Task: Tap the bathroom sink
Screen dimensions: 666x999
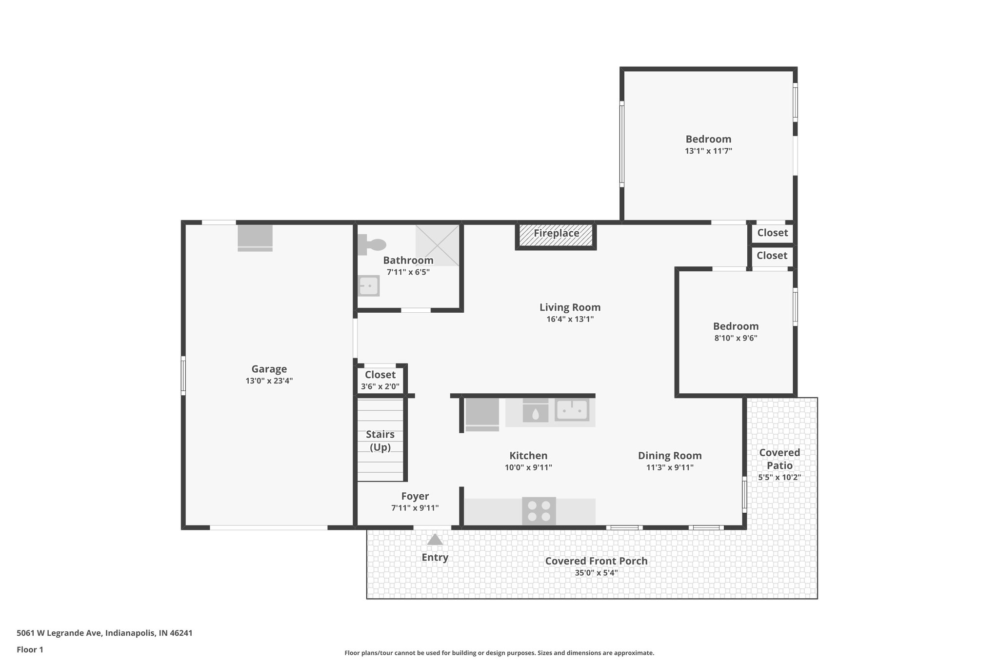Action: [x=369, y=286]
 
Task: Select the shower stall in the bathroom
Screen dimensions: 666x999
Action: [x=438, y=245]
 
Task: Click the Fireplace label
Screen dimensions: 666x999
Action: [x=556, y=233]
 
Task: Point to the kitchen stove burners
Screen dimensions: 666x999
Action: [x=539, y=511]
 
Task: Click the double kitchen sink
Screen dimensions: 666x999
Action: [x=572, y=410]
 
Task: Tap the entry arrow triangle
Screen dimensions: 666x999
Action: [x=435, y=540]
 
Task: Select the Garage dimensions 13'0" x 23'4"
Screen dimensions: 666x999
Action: [x=269, y=381]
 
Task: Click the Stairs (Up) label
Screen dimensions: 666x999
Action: [x=380, y=441]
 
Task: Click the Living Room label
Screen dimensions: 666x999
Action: [x=570, y=307]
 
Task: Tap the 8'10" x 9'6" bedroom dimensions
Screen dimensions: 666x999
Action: [x=736, y=338]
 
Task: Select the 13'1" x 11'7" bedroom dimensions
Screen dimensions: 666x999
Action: [x=708, y=151]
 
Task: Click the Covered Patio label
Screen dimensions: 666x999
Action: [x=779, y=459]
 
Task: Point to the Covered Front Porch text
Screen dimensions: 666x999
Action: [x=596, y=561]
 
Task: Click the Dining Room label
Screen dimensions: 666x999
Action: [x=670, y=456]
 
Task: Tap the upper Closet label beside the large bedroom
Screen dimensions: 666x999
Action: [x=772, y=233]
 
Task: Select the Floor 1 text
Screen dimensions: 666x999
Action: [x=30, y=649]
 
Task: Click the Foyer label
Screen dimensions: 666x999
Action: [x=415, y=496]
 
